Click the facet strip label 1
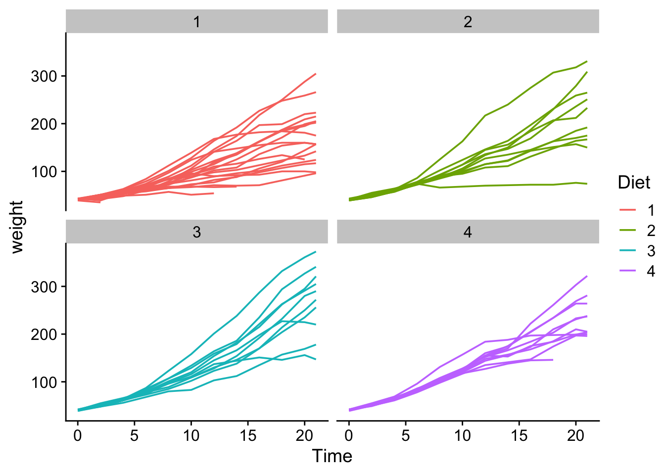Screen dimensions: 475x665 coord(197,22)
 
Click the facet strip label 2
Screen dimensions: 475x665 coord(468,22)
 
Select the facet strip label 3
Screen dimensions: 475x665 coord(197,232)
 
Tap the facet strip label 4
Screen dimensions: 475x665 coord(468,232)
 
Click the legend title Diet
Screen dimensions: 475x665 coord(634,183)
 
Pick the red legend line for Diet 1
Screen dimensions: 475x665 coord(627,210)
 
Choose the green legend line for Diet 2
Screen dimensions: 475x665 coord(627,231)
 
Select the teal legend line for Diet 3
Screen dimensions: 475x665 coord(627,251)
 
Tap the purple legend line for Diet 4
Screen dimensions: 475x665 coord(627,271)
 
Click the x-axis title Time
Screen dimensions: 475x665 coord(332,456)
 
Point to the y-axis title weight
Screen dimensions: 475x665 coord(17,227)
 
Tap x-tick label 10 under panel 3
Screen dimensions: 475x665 coord(191,436)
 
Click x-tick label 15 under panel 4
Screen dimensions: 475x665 coord(519,436)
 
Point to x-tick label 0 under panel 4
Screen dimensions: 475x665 coord(349,436)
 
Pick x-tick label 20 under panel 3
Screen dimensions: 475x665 coord(304,436)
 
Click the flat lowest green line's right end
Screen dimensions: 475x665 coord(586,184)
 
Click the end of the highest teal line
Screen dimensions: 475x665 coord(315,252)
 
